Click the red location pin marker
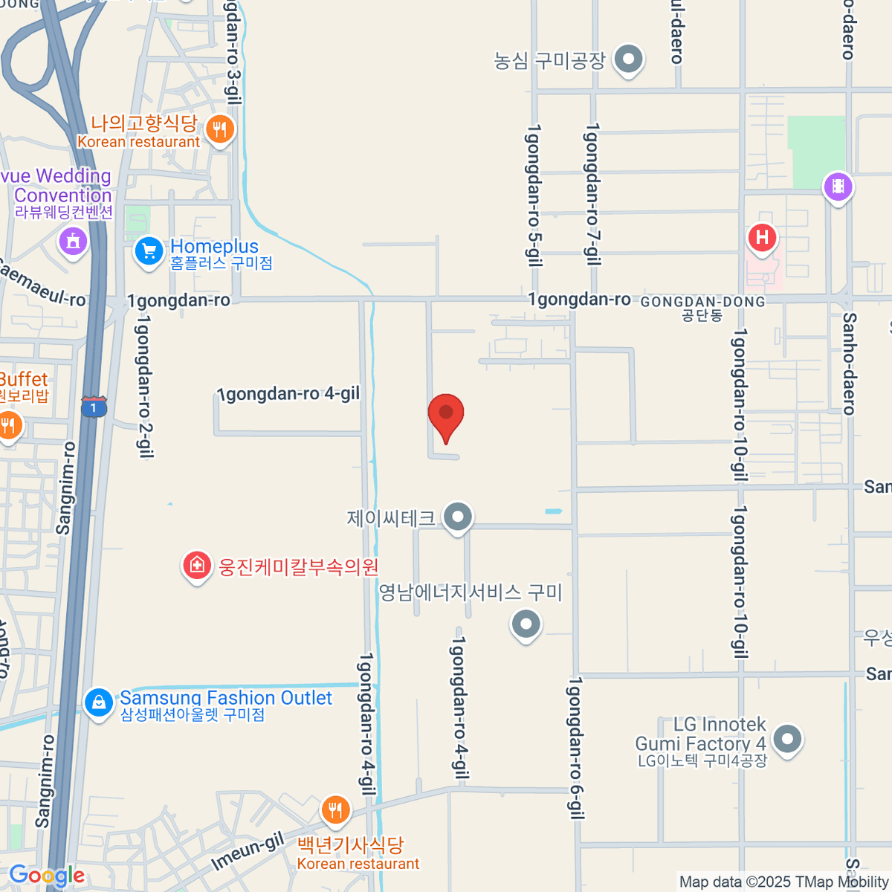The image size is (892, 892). click(x=446, y=413)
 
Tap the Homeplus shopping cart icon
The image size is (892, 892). click(x=149, y=251)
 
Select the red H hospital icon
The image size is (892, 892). click(x=761, y=238)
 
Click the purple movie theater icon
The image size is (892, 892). click(x=838, y=186)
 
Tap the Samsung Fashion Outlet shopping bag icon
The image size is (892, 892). click(x=99, y=702)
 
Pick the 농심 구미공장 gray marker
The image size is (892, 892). click(x=629, y=59)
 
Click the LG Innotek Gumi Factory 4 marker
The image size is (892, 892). click(x=787, y=740)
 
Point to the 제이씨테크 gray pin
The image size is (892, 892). click(x=458, y=516)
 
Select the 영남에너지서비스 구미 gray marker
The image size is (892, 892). click(x=526, y=624)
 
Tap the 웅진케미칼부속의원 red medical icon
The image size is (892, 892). click(x=196, y=566)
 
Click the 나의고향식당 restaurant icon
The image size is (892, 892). click(x=219, y=130)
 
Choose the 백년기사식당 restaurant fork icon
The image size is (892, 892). click(x=335, y=810)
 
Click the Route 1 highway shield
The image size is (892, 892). click(x=94, y=407)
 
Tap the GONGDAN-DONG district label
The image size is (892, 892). click(x=702, y=303)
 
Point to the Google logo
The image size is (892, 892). click(x=47, y=876)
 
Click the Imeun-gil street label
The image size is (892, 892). click(x=248, y=851)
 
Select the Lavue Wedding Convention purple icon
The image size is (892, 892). click(x=73, y=241)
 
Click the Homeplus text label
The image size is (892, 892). click(x=214, y=246)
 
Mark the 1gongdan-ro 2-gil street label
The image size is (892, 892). click(x=144, y=387)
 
